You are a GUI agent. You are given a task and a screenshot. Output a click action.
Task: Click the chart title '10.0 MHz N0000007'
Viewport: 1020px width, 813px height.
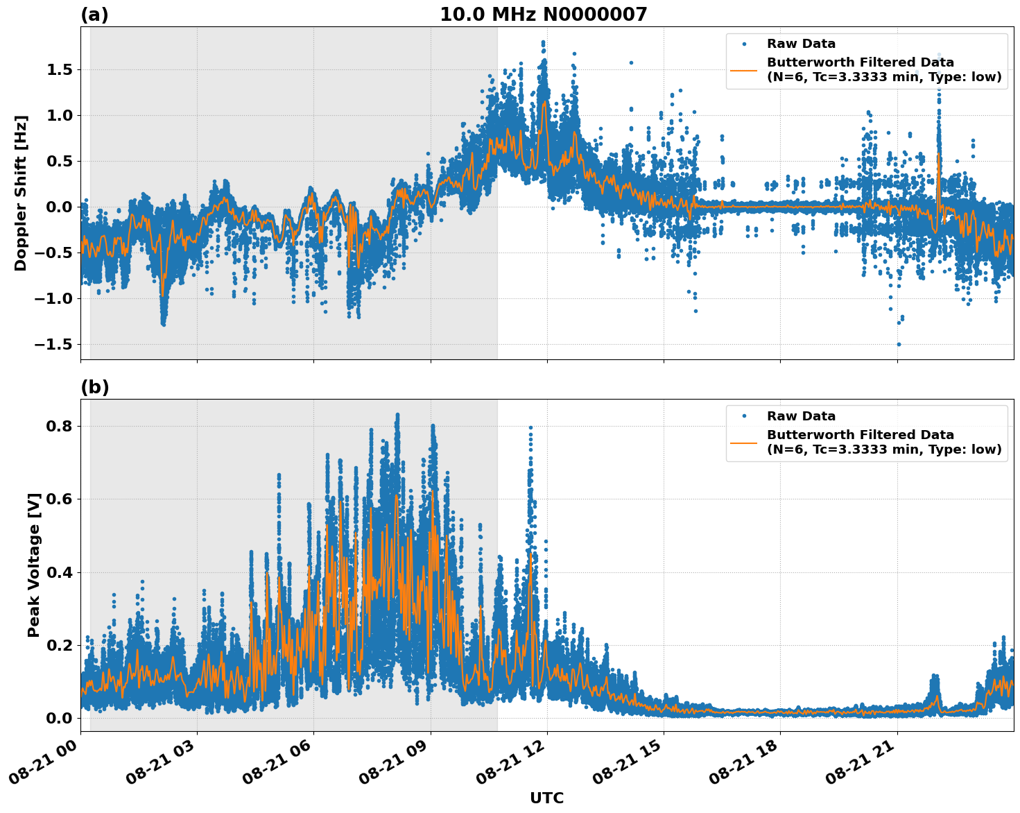[x=543, y=15]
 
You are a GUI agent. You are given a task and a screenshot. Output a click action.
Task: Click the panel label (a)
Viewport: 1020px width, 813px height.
[x=94, y=15]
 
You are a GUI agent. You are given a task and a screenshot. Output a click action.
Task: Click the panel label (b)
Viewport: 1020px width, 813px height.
[x=94, y=387]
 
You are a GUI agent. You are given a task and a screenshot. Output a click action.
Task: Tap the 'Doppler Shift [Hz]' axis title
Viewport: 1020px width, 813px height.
[x=21, y=193]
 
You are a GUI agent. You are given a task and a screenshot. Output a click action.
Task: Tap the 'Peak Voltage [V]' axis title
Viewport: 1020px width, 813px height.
[x=34, y=565]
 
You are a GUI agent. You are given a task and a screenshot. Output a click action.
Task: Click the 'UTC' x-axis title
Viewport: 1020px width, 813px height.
[x=546, y=798]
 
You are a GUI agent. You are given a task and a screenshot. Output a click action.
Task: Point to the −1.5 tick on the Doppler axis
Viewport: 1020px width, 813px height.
[x=54, y=345]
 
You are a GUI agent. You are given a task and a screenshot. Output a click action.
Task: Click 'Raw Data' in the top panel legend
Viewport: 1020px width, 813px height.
[x=801, y=44]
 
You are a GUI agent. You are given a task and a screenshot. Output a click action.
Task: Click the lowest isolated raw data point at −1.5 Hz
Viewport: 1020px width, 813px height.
[x=899, y=344]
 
